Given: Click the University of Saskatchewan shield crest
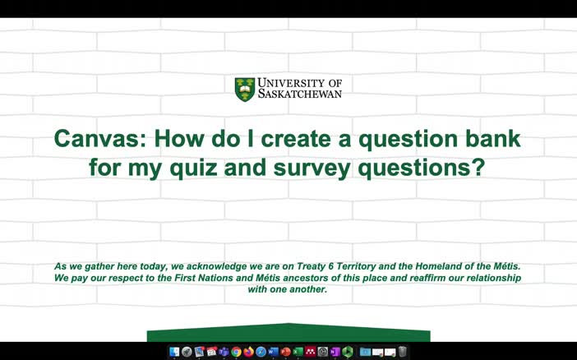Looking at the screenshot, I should coord(244,89).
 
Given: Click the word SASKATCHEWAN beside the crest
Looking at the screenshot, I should coord(299,94).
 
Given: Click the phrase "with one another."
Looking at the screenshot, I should coord(288,289).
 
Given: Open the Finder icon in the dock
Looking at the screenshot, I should coord(174,352).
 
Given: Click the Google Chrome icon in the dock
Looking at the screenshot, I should coord(236,352).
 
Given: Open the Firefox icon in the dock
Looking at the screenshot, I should coord(248,352).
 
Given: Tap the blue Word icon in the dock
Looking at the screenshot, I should coord(273,352).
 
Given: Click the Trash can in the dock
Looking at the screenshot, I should coord(403,352).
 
